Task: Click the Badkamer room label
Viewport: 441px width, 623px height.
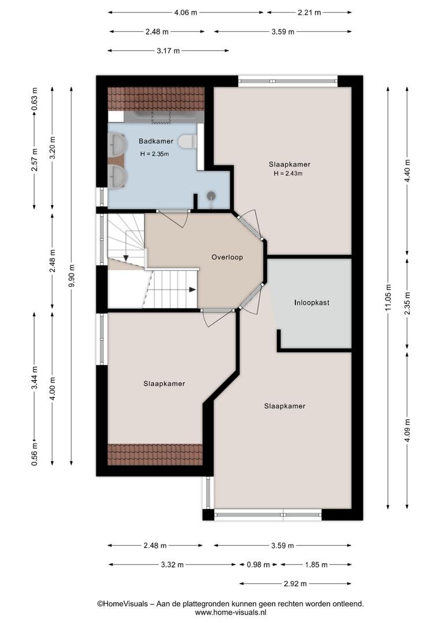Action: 156,141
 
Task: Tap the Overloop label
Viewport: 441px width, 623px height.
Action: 227,257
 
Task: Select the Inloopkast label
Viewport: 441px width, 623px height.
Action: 312,302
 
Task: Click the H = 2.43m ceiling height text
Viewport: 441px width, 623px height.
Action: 288,173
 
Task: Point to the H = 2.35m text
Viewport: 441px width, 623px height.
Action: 154,154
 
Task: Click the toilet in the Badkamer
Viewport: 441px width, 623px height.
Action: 187,141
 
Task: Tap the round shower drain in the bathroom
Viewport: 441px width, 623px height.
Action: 211,196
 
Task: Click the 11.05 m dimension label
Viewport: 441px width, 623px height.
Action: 388,298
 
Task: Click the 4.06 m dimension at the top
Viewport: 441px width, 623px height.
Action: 186,12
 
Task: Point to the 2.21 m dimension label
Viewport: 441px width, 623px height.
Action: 309,12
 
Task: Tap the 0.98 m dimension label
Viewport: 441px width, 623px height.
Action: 259,565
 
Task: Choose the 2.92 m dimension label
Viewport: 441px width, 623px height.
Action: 296,584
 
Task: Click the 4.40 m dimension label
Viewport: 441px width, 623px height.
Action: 407,170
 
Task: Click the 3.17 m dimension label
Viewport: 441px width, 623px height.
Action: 168,50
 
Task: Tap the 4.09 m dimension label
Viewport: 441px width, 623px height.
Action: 407,431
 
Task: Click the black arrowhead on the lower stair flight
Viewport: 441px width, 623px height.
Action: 192,289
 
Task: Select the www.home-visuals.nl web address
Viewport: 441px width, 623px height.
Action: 231,612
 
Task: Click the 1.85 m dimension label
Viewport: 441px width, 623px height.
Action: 316,565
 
